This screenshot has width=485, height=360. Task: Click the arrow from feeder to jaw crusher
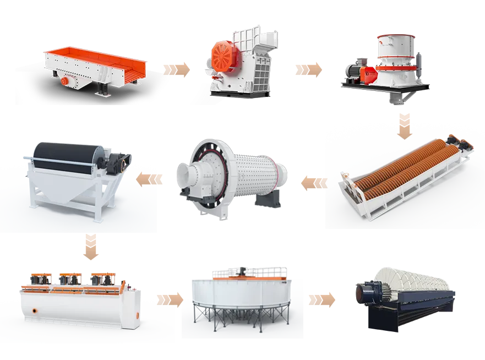pos(178,70)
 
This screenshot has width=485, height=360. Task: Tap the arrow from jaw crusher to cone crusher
pos(309,70)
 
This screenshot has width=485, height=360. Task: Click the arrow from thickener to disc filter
pos(323,299)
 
